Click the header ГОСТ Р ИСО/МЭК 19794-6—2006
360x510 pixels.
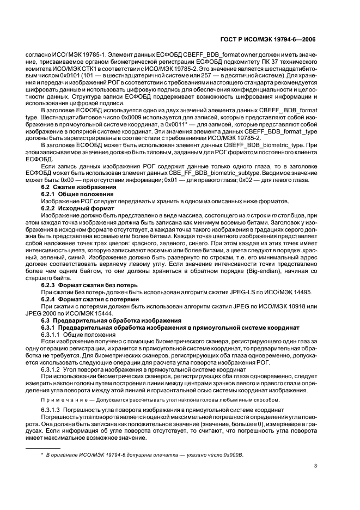tap(276, 40)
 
